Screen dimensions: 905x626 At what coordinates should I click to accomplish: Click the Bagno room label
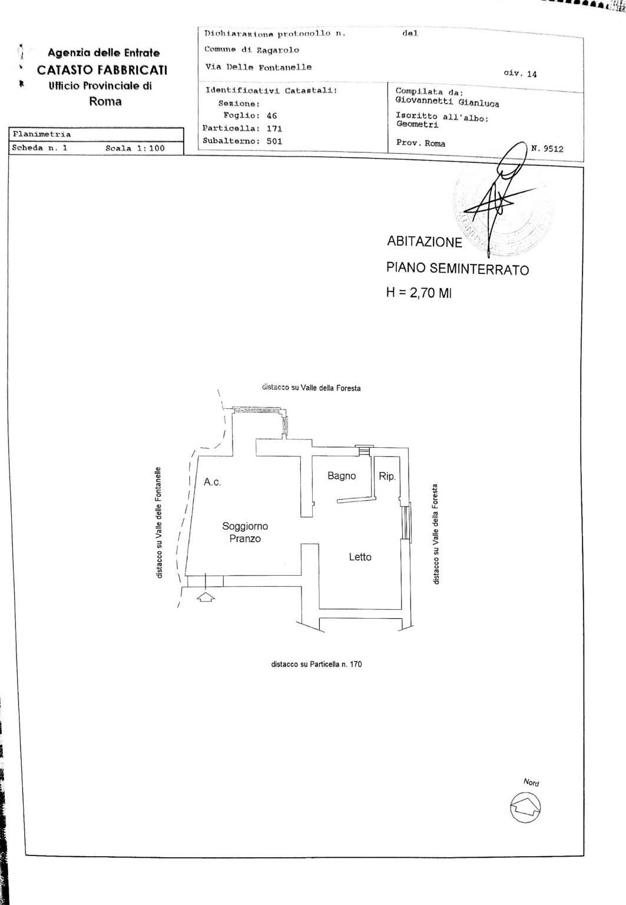coord(342,475)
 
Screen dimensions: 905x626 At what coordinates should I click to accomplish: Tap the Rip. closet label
coord(387,476)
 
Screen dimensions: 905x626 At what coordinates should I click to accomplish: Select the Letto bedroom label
coord(360,557)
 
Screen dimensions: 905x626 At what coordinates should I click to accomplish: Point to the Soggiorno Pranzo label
coord(245,532)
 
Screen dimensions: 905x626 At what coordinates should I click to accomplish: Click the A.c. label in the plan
coord(212,482)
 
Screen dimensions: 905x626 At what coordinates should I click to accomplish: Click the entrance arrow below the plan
coord(205,597)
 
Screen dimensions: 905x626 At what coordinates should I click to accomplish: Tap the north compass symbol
coord(525,807)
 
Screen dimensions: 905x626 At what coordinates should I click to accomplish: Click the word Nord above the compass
coord(531,782)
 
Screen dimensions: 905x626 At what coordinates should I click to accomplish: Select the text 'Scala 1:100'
coord(135,148)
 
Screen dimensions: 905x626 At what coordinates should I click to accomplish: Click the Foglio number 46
coord(271,115)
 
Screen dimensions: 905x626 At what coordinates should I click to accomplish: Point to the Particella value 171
coord(274,128)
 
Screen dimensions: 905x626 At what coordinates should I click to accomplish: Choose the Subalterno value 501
coord(274,141)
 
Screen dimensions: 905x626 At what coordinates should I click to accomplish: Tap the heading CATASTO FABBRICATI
coord(102,70)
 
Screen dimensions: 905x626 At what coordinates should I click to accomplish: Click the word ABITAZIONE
coord(424,242)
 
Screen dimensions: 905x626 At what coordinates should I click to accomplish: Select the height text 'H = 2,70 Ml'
coord(419,292)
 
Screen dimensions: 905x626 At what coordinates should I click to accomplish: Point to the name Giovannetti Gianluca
coord(447,103)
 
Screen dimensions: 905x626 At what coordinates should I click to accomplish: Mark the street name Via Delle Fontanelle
coord(258,67)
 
